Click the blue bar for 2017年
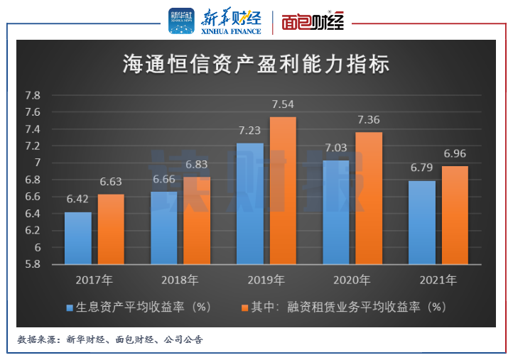pyautogui.click(x=78, y=239)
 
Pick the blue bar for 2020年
pyautogui.click(x=336, y=212)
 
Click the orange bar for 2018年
pyautogui.click(x=197, y=221)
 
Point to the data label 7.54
pyautogui.click(x=283, y=105)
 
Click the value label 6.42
pyautogui.click(x=78, y=200)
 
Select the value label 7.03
pyautogui.click(x=336, y=148)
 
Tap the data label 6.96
pyautogui.click(x=455, y=154)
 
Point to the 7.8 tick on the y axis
pyautogui.click(x=33, y=95)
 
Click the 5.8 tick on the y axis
pyautogui.click(x=33, y=264)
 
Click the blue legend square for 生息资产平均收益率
pyautogui.click(x=70, y=308)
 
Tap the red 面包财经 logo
pyautogui.click(x=313, y=21)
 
